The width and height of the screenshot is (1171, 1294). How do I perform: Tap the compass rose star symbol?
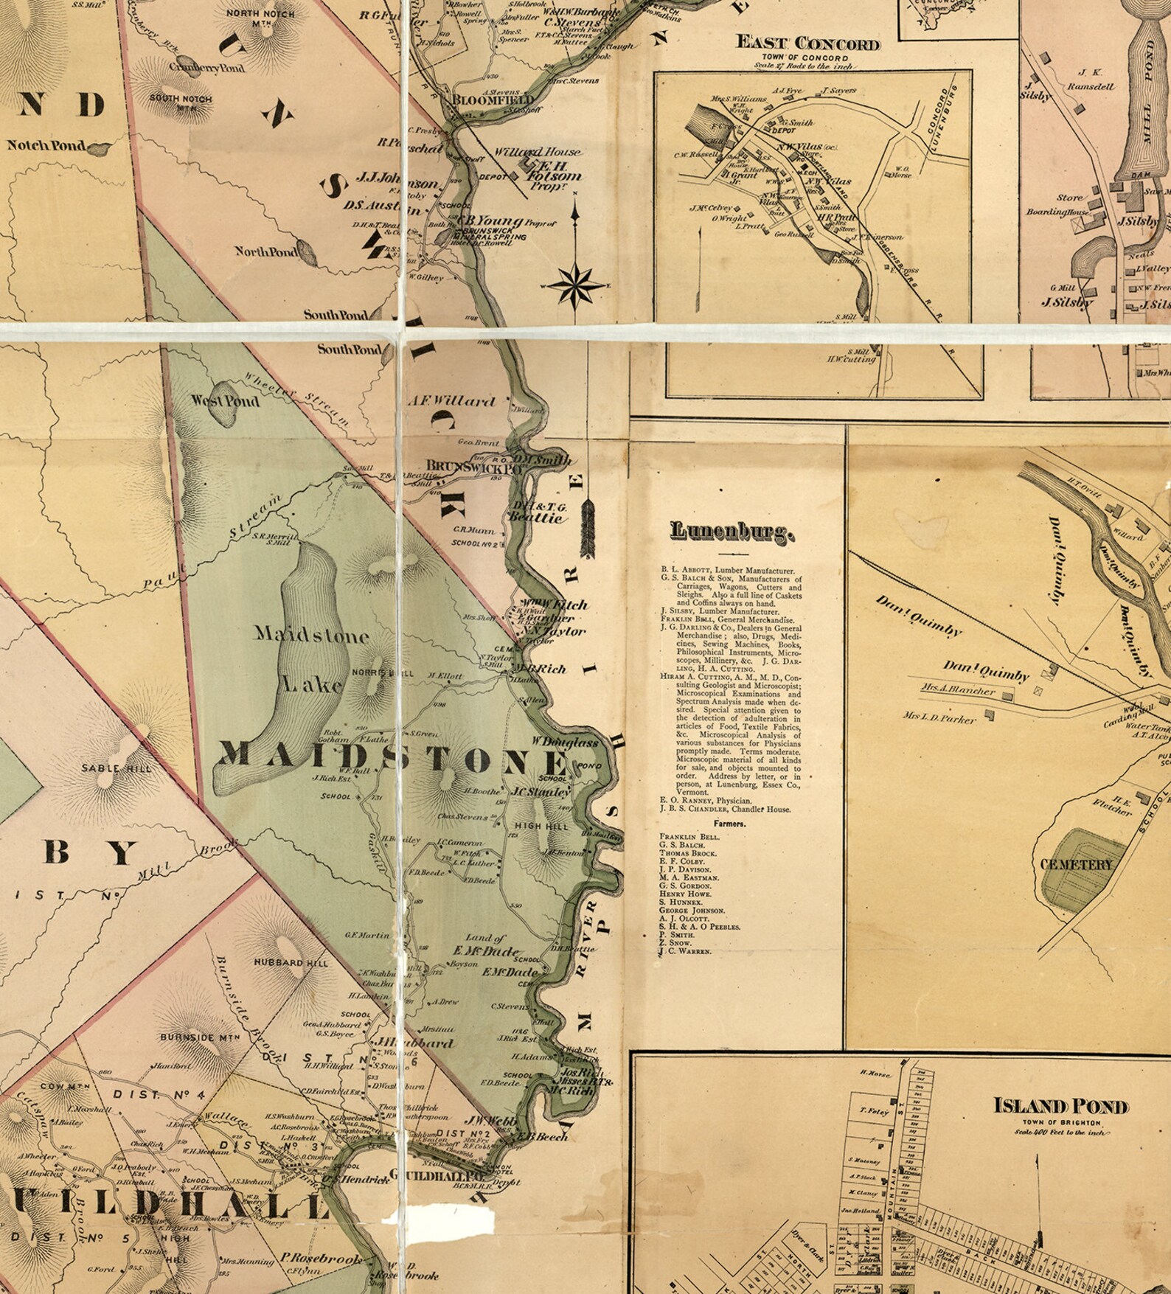(x=578, y=284)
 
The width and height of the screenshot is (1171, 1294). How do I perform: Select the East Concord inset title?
(x=808, y=43)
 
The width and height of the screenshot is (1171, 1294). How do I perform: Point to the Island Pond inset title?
(x=1060, y=1106)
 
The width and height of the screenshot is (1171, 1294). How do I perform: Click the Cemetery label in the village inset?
(x=1076, y=863)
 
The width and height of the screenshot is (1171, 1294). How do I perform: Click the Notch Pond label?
(x=46, y=145)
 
